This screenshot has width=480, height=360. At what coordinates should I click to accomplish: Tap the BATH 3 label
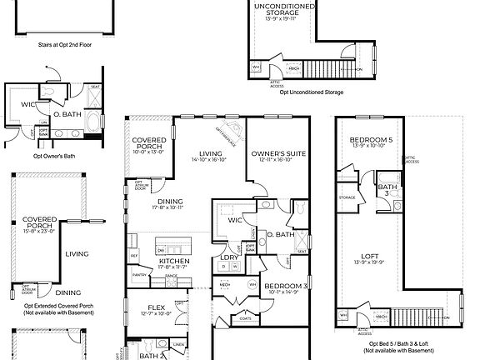coord(385,190)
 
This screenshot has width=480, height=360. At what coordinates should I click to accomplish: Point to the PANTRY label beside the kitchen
coord(138,274)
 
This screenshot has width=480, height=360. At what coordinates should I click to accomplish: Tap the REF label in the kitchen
coord(133,255)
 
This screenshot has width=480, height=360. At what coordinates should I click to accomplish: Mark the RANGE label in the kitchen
coord(172,275)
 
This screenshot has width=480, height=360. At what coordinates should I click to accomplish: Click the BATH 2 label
coord(150,355)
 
